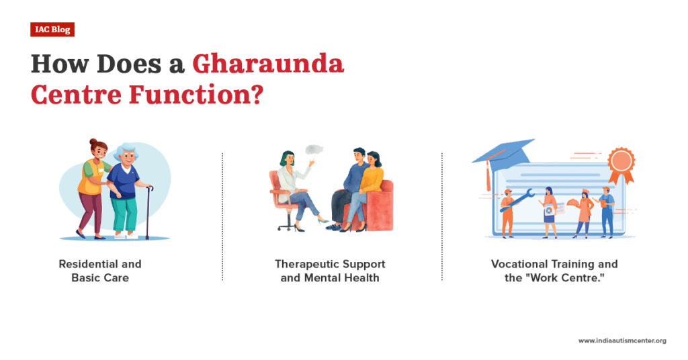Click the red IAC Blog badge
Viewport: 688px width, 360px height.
coord(52,30)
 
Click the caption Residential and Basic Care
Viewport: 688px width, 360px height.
coord(100,270)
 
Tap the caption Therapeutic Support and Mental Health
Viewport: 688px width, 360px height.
coord(330,270)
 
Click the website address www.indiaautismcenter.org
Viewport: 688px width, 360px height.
coord(622,341)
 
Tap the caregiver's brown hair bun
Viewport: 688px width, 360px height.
coord(93,142)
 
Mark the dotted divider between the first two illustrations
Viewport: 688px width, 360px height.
coord(222,215)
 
